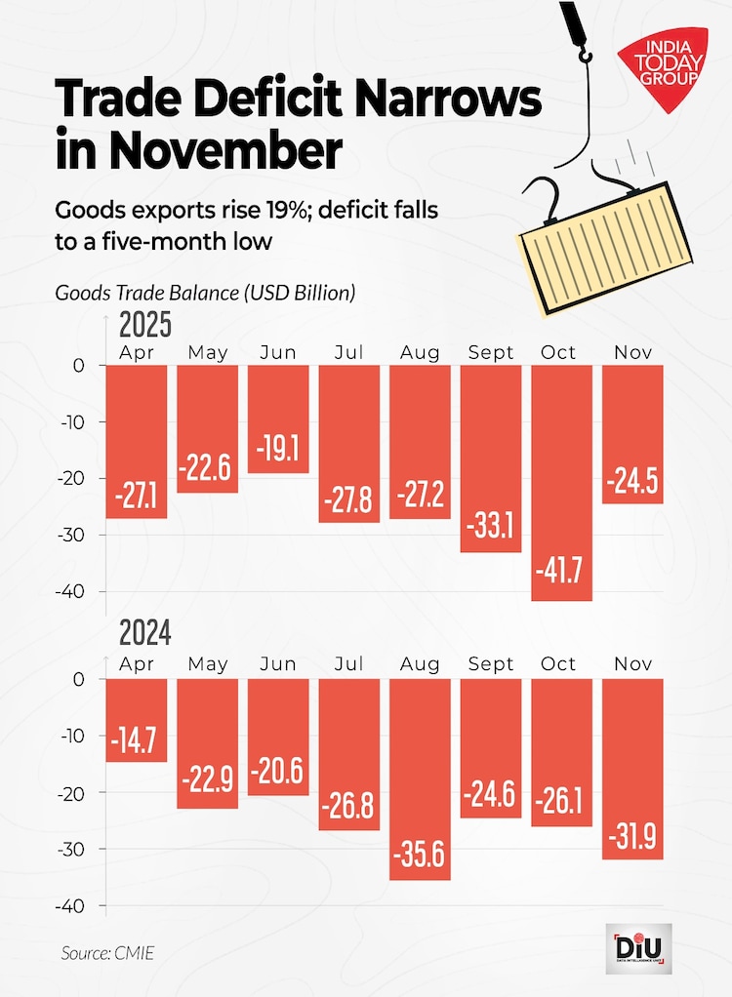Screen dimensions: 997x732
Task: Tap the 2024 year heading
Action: [x=145, y=636]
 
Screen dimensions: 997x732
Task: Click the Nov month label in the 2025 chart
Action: [x=633, y=352]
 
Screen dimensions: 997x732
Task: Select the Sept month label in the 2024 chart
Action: [x=491, y=664]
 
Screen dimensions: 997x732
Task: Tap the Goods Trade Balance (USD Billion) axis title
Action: [x=204, y=292]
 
